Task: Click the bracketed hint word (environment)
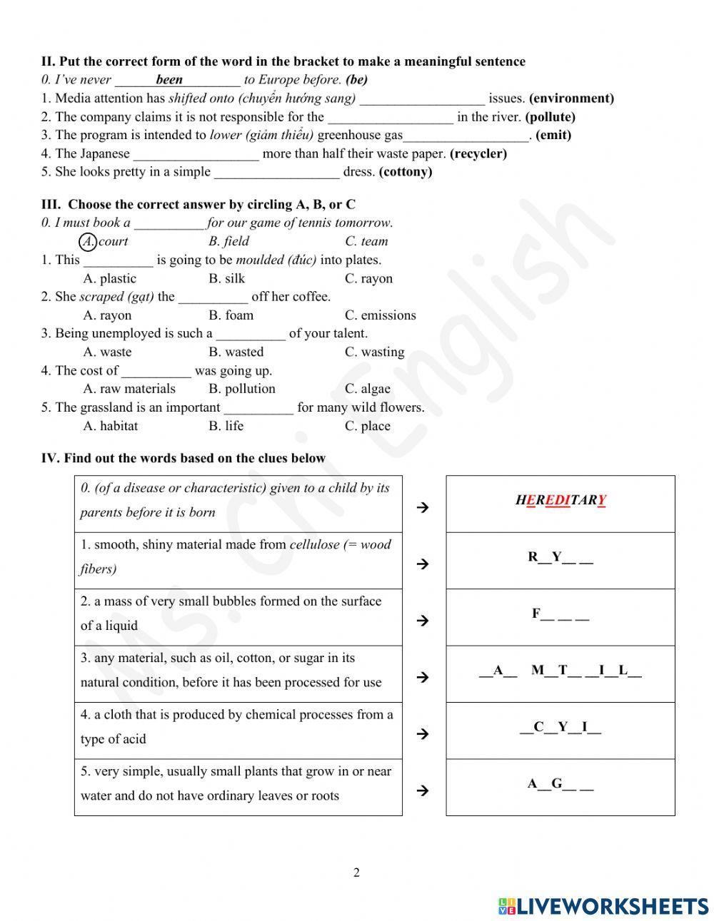coord(571,98)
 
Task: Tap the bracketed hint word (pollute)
coord(550,117)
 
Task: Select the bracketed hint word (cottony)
coord(405,172)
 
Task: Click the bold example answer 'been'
coord(169,80)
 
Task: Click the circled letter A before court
coord(88,242)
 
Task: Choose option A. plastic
coord(109,279)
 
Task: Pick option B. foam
coord(231,315)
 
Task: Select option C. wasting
coord(374,352)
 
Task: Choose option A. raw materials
coord(129,389)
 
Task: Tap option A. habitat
coord(111,426)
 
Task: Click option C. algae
coord(367,389)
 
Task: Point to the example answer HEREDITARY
coord(560,501)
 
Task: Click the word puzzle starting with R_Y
coord(560,558)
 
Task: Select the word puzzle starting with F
coord(560,614)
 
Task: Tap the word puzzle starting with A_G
coord(560,785)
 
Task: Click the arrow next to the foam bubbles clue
coord(422,621)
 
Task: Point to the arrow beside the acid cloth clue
coord(422,734)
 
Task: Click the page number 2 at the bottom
coord(356,872)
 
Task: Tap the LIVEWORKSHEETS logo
coord(603,906)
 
